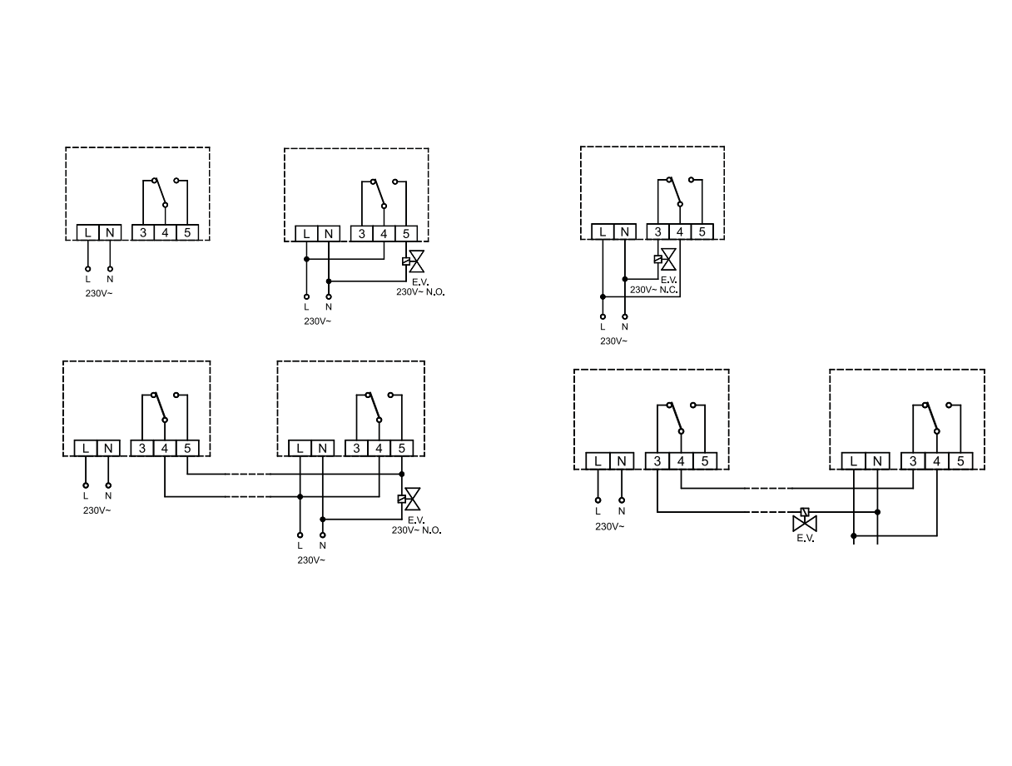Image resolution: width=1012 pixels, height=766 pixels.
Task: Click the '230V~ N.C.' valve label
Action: (653, 290)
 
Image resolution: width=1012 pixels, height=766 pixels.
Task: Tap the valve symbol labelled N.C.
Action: (667, 259)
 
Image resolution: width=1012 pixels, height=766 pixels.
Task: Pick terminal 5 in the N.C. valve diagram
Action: (702, 232)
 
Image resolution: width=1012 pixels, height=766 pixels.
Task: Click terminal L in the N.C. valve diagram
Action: (603, 232)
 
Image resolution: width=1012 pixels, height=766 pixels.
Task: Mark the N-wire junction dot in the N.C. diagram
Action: (625, 278)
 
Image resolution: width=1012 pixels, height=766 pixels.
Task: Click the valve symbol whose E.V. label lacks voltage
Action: (805, 522)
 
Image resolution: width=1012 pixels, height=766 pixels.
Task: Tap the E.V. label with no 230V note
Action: (805, 539)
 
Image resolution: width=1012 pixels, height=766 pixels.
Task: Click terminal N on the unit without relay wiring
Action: (109, 232)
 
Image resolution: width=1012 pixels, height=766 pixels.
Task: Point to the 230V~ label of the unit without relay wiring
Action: (97, 293)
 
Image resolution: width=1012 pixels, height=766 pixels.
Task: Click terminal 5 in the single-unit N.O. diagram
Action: (405, 234)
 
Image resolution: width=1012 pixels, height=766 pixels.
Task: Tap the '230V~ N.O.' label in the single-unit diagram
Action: (420, 292)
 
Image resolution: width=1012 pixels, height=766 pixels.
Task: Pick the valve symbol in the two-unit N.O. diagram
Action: (411, 499)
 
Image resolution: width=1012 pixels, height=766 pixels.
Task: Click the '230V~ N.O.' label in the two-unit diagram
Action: (416, 530)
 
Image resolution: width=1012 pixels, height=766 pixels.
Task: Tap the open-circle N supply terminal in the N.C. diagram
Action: (625, 316)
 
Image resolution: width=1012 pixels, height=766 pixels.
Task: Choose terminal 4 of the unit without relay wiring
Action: (165, 232)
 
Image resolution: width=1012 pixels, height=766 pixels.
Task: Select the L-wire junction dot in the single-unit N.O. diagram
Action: (306, 259)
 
